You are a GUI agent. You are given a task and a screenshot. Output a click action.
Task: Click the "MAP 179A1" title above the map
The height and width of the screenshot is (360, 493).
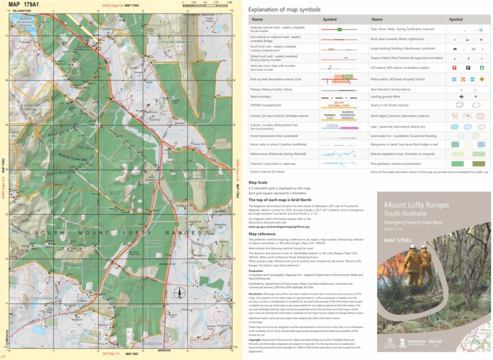(x=24, y=5)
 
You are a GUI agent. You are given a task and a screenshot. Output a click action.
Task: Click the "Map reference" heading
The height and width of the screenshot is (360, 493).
(x=265, y=235)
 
